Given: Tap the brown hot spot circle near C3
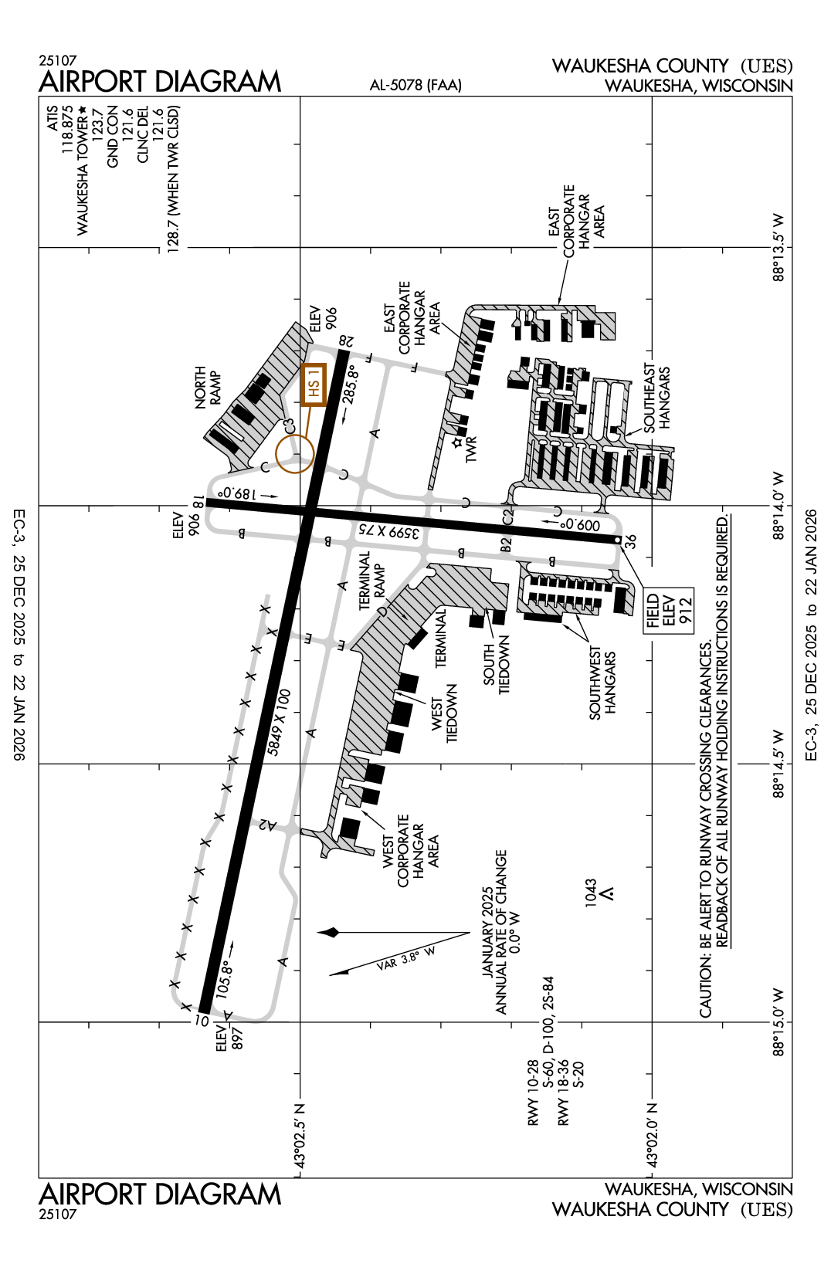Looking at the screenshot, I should coord(294,453).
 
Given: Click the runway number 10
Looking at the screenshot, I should coord(202,1021).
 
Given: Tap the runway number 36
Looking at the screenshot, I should coord(630,541).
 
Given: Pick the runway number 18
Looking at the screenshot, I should coord(198,503).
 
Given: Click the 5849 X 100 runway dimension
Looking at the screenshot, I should coord(279,722).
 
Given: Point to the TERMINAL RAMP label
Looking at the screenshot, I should coord(372,580).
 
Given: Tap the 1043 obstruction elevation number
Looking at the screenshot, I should coord(591,892).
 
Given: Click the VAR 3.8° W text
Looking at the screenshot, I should coord(405,958).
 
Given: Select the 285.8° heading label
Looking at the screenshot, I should coord(350,385).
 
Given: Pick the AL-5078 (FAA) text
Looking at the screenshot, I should coord(415,85).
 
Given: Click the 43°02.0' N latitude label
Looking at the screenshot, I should coord(653,1136).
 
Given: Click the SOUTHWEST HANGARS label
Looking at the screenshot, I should coord(602,683).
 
